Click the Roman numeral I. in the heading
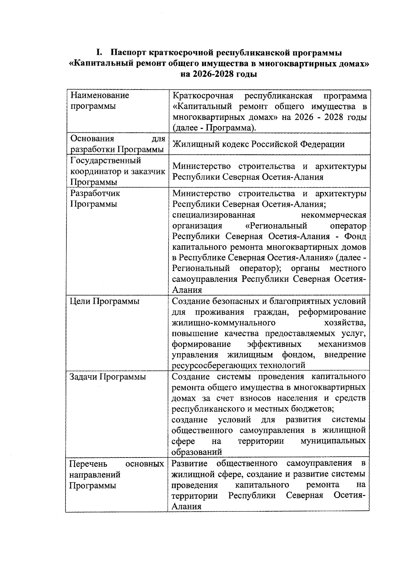click(99, 53)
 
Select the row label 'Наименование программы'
click(100, 101)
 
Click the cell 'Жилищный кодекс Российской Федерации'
click(259, 144)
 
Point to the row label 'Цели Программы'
click(104, 301)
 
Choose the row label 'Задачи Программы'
click(108, 377)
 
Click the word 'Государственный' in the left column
click(106, 161)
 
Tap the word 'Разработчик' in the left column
click(95, 193)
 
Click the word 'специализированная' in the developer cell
click(214, 215)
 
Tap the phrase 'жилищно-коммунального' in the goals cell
click(223, 323)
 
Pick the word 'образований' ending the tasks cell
click(197, 452)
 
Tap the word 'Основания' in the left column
click(92, 139)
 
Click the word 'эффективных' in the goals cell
click(274, 344)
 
